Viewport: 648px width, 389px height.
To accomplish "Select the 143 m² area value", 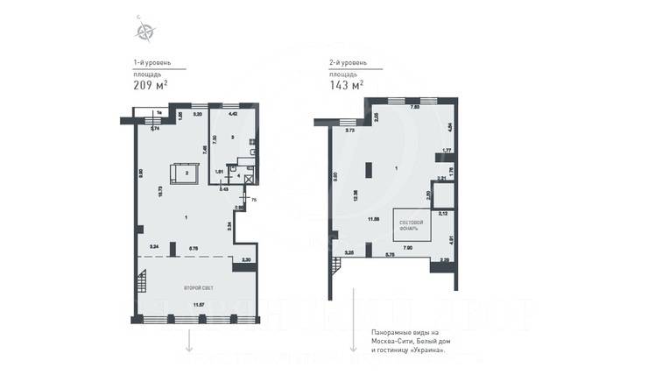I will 344,86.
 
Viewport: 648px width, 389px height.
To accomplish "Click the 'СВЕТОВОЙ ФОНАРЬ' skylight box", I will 412,225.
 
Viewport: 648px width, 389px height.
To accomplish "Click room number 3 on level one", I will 233,138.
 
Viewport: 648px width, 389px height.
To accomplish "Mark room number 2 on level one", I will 186,173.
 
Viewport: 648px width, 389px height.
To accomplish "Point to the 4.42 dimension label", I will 233,114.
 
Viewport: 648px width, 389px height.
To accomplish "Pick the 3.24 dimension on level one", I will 154,248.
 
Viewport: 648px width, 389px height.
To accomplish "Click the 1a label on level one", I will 158,113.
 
